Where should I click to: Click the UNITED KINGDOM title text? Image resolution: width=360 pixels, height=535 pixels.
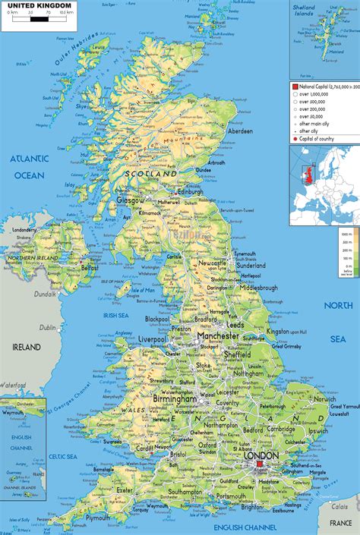click(39, 6)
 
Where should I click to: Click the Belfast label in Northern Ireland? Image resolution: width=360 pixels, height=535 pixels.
click(90, 267)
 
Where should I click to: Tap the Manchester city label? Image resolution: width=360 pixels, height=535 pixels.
click(220, 335)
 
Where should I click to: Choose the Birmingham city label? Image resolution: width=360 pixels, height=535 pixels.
click(175, 398)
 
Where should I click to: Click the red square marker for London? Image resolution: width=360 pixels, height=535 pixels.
click(259, 463)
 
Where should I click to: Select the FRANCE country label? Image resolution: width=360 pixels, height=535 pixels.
click(342, 524)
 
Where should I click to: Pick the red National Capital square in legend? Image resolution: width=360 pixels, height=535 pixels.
click(295, 87)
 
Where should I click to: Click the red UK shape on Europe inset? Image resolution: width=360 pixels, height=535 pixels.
click(309, 177)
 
